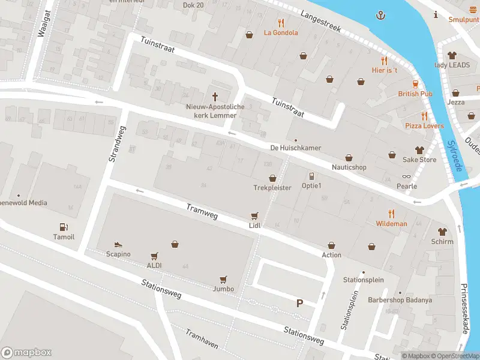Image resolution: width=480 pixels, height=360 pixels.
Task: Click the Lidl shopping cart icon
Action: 255,215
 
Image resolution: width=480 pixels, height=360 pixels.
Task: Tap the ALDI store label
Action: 154,265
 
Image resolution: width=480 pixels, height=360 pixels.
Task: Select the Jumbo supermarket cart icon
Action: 223,280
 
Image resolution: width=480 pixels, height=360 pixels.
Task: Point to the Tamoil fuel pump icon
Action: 63,227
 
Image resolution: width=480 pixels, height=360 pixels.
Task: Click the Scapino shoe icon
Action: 118,244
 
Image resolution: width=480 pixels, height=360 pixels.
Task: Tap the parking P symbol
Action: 299,304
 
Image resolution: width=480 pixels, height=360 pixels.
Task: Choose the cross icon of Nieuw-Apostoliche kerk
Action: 215,97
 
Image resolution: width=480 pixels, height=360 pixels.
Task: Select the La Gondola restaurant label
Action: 281,32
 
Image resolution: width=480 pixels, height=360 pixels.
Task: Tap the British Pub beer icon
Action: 415,84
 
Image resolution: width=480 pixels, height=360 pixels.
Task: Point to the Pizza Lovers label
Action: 424,126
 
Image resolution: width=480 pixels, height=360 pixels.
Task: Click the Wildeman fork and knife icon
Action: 391,213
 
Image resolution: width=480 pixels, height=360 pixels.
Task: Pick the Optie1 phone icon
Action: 311,176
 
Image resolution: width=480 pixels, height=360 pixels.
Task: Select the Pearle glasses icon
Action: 407,176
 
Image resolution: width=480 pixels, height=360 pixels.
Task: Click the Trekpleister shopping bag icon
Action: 272,178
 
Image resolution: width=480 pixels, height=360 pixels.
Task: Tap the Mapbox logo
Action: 26,353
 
